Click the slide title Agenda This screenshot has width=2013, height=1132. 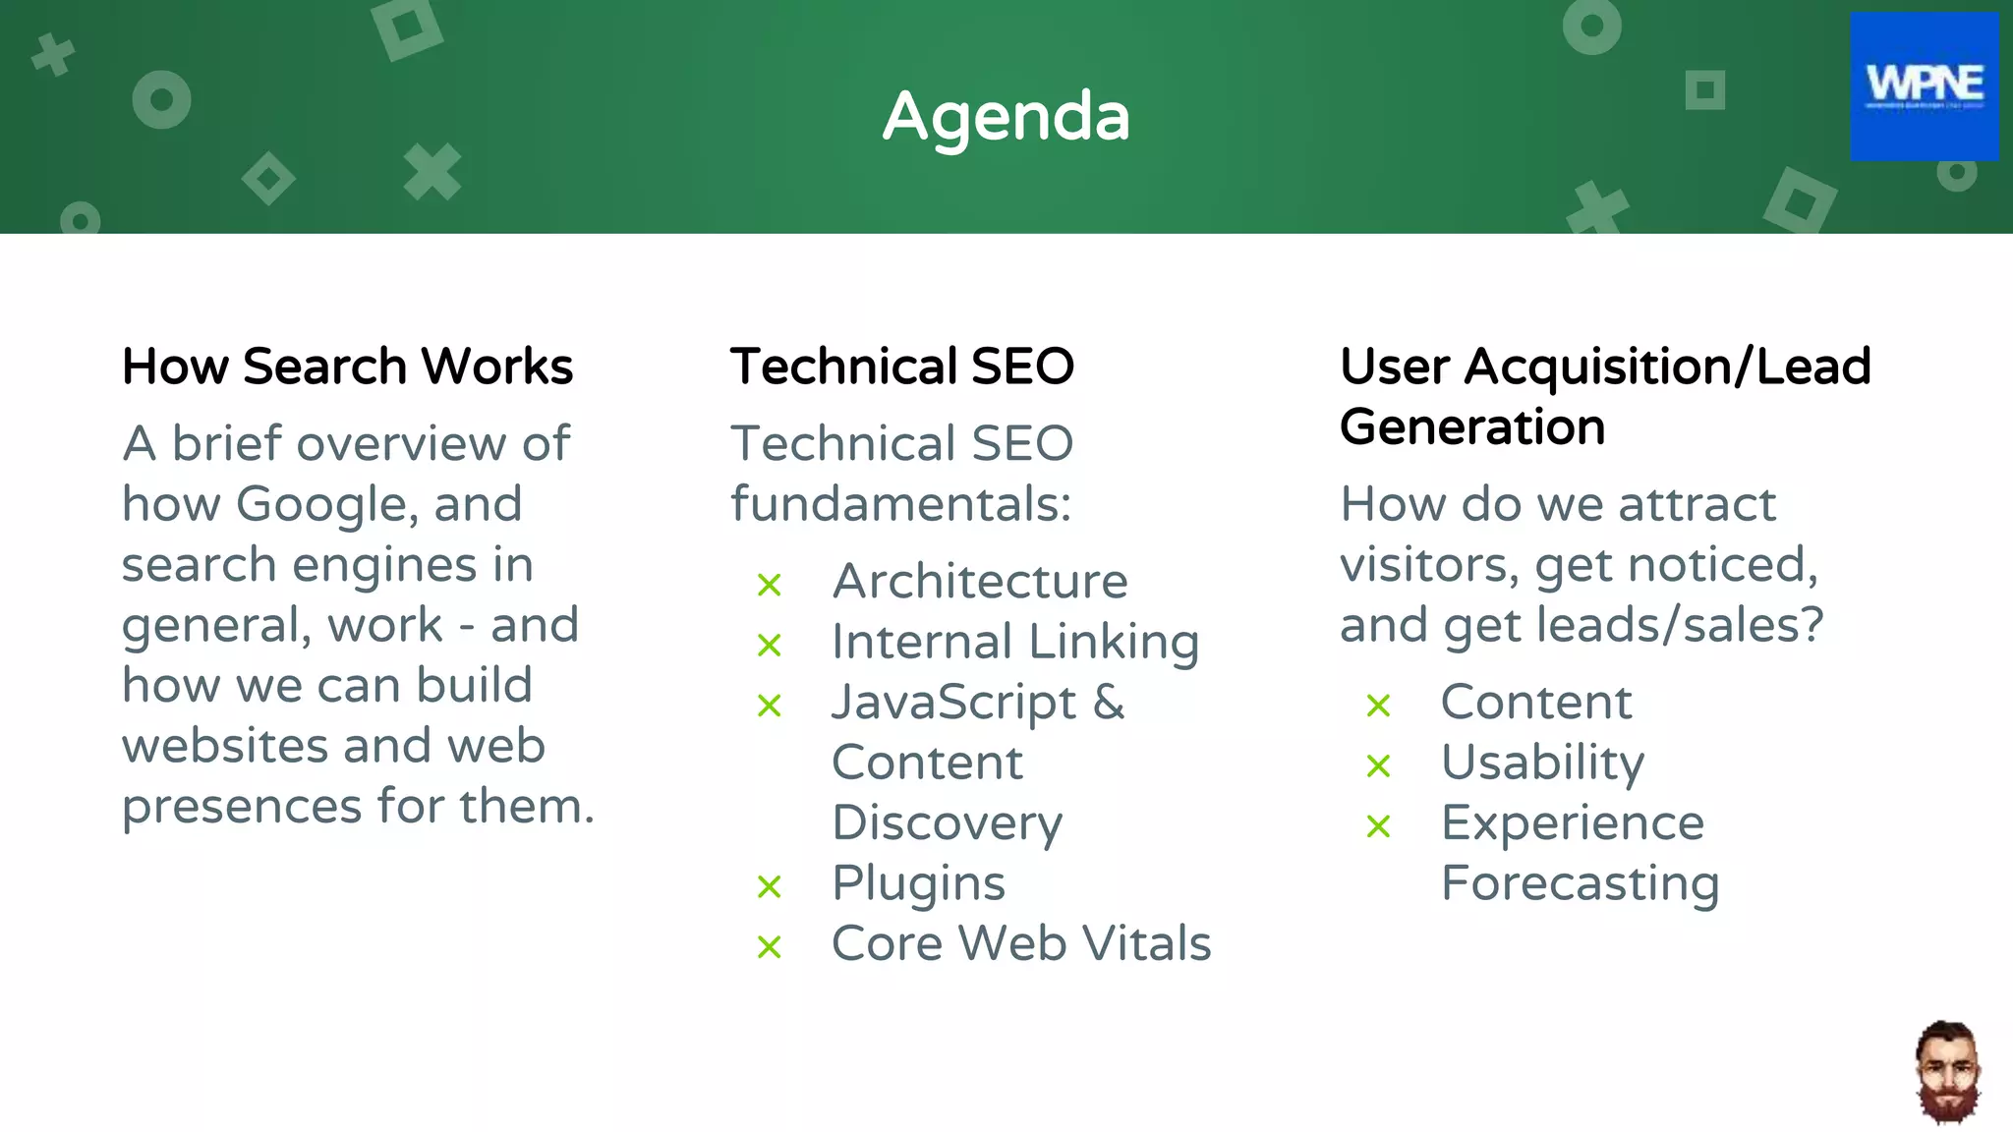pyautogui.click(x=1006, y=117)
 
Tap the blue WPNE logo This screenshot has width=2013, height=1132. pyautogui.click(x=1924, y=86)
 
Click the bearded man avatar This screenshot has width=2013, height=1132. pyautogui.click(x=1947, y=1072)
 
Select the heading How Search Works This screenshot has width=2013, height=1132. pyautogui.click(x=347, y=367)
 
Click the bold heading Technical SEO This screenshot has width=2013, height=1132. pyautogui.click(x=901, y=367)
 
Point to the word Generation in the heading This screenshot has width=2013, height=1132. pyautogui.click(x=1471, y=427)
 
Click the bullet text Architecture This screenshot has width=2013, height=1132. pyautogui.click(x=979, y=581)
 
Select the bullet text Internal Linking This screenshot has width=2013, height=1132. pyautogui.click(x=1014, y=642)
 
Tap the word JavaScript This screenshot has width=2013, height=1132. pyautogui.click(x=953, y=703)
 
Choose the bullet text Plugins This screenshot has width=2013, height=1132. pyautogui.click(x=918, y=882)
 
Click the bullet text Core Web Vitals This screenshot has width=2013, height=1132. pyautogui.click(x=1020, y=943)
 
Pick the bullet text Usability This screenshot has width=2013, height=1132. pyautogui.click(x=1541, y=763)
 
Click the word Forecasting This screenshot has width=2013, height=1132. pyautogui.click(x=1580, y=882)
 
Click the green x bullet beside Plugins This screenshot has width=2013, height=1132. pyautogui.click(x=770, y=886)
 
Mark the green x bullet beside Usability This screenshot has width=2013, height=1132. pyautogui.click(x=1378, y=765)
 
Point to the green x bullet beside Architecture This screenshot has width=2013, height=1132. pyautogui.click(x=770, y=585)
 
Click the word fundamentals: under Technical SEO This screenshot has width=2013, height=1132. pyautogui.click(x=900, y=504)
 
